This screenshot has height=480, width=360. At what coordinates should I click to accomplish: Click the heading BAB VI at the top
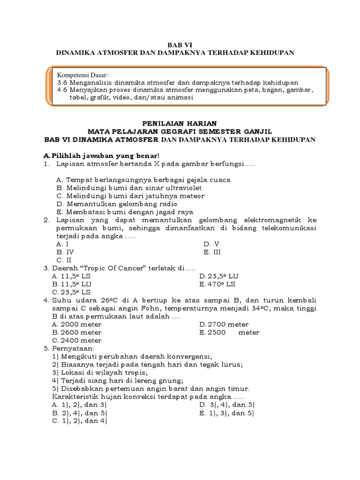coord(180,45)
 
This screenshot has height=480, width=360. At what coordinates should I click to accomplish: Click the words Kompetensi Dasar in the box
coord(82,75)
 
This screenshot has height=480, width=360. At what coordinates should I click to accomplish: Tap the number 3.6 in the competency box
coord(62,82)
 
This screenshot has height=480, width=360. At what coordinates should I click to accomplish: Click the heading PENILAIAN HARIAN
coord(180,123)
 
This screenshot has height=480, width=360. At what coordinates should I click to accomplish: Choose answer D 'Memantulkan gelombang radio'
coord(116,204)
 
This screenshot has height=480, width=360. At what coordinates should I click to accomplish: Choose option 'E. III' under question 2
coord(212,252)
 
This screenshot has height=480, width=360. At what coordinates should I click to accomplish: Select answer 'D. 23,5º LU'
coord(218,276)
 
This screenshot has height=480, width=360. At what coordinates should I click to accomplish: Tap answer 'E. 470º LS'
coord(217,284)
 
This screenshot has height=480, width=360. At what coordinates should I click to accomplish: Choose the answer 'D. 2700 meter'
coord(224,324)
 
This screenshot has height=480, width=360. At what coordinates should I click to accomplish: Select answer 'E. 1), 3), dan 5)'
coord(226,413)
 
